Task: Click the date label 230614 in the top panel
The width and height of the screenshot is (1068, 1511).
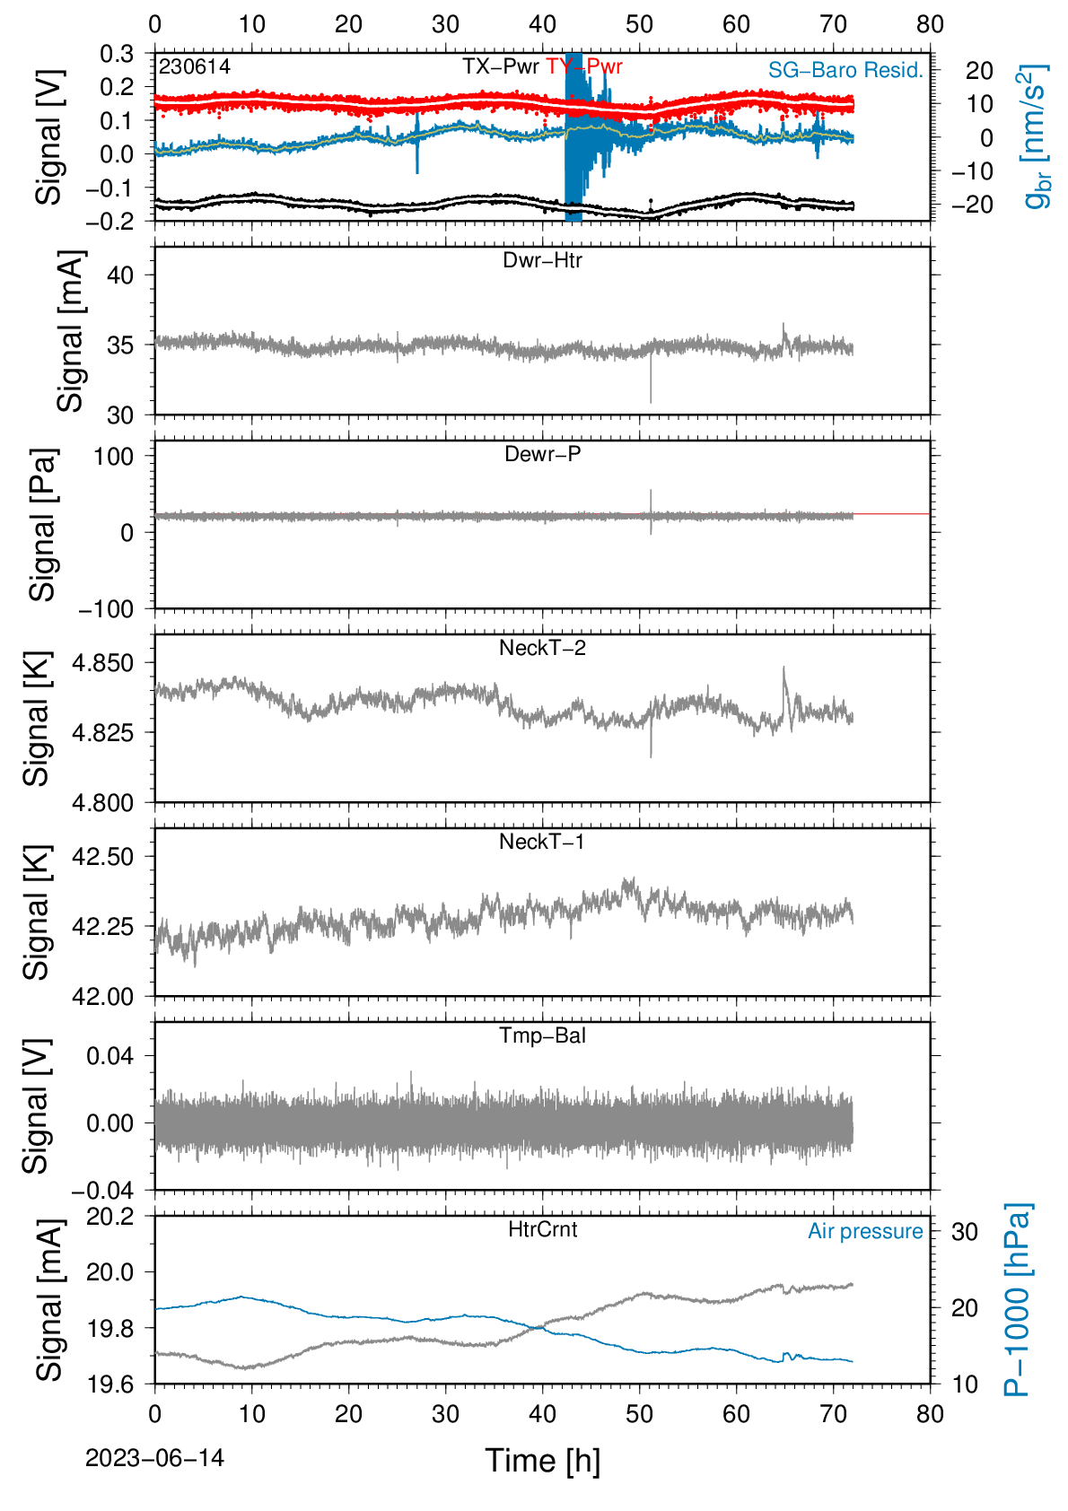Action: click(195, 66)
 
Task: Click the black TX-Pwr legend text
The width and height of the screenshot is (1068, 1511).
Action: click(500, 66)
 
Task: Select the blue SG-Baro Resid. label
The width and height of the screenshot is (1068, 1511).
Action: click(845, 70)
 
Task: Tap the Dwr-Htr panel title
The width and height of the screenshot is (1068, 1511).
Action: click(542, 260)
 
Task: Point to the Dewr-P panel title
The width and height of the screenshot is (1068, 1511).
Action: click(542, 454)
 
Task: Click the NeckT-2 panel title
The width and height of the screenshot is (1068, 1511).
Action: click(542, 648)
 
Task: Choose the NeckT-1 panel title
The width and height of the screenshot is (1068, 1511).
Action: click(542, 842)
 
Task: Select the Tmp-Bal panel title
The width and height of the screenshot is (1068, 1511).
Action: click(542, 1035)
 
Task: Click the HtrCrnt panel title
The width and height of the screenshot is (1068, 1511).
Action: click(542, 1229)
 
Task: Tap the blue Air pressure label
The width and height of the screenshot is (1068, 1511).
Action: click(865, 1232)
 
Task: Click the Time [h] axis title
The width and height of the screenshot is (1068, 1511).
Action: click(542, 1461)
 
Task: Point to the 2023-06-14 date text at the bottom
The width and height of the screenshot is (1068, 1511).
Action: click(154, 1458)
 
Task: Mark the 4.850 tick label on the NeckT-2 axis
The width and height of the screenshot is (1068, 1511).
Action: click(103, 663)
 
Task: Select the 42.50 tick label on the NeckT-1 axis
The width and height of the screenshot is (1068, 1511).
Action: click(103, 857)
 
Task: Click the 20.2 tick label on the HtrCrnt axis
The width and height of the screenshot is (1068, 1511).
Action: click(110, 1217)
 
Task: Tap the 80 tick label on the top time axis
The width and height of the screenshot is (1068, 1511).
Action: click(930, 24)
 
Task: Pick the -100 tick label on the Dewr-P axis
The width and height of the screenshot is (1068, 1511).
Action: click(106, 610)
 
